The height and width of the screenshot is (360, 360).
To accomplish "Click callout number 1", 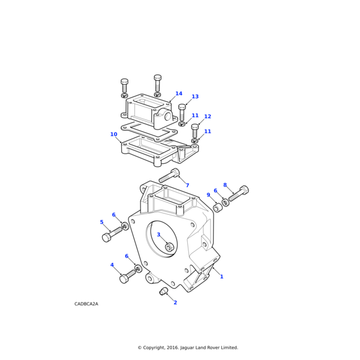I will pyautogui.click(x=221, y=277).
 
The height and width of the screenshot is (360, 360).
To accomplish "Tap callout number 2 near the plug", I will pyautogui.click(x=175, y=302).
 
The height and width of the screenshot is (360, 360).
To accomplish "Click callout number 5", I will pyautogui.click(x=101, y=222).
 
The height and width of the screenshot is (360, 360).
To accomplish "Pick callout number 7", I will pyautogui.click(x=187, y=185).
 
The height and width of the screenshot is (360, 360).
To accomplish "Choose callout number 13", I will pyautogui.click(x=195, y=97).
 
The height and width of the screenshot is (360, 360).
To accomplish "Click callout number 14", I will pyautogui.click(x=179, y=94).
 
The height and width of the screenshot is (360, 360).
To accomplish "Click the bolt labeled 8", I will pyautogui.click(x=238, y=194).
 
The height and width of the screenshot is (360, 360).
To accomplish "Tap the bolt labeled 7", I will pyautogui.click(x=169, y=176).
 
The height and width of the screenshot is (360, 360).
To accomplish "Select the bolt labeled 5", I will pyautogui.click(x=112, y=233).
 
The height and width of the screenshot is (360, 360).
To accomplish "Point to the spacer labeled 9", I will pyautogui.click(x=217, y=208).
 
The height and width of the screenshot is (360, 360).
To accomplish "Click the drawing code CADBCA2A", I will pyautogui.click(x=86, y=304).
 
